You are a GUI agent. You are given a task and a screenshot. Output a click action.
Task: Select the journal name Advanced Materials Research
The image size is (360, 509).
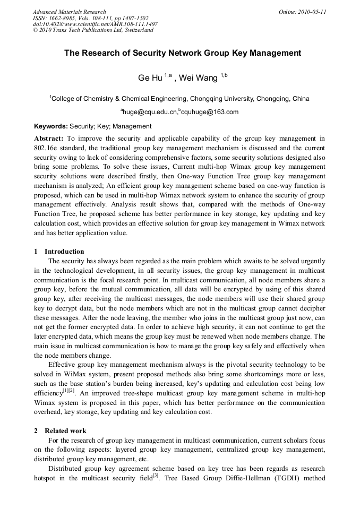tap(70, 12)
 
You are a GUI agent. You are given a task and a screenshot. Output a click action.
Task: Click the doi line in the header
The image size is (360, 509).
tap(95, 24)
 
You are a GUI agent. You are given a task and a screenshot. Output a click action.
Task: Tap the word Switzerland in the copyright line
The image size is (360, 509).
tap(137, 30)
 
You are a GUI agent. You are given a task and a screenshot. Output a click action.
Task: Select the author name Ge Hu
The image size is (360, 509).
tap(150, 78)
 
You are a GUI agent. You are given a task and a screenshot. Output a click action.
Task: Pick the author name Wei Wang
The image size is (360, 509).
tap(198, 78)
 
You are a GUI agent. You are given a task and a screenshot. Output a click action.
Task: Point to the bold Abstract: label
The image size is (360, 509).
tap(49, 138)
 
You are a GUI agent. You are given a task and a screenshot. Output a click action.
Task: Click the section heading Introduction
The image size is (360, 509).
tap(64, 252)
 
